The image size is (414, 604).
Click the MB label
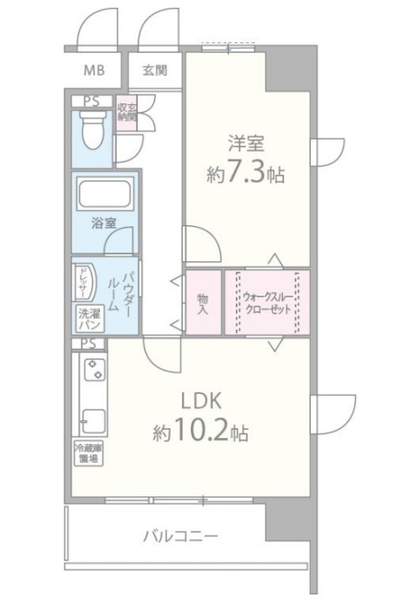click(92, 70)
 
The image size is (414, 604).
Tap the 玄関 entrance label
click(156, 70)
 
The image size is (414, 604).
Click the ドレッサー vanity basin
click(81, 283)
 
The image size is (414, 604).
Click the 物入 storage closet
click(202, 302)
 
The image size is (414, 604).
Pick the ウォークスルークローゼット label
click(266, 303)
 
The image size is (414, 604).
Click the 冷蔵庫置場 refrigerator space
click(86, 453)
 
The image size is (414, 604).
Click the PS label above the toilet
click(90, 102)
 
